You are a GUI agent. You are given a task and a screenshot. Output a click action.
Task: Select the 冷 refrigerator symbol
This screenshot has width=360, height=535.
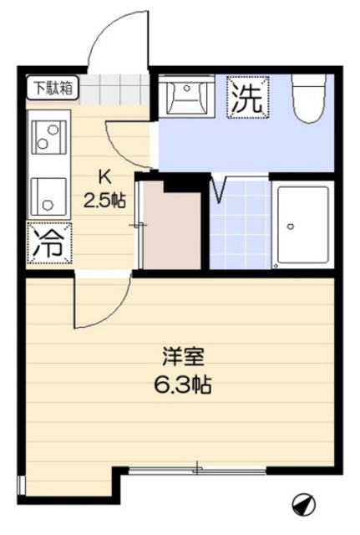point(48,243)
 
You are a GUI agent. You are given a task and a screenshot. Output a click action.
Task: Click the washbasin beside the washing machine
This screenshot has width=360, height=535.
point(185,99)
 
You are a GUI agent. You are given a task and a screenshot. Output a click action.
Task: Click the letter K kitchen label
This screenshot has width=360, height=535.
point(104,176)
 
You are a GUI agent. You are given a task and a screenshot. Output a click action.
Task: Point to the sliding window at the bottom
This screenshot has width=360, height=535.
point(196,470)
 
